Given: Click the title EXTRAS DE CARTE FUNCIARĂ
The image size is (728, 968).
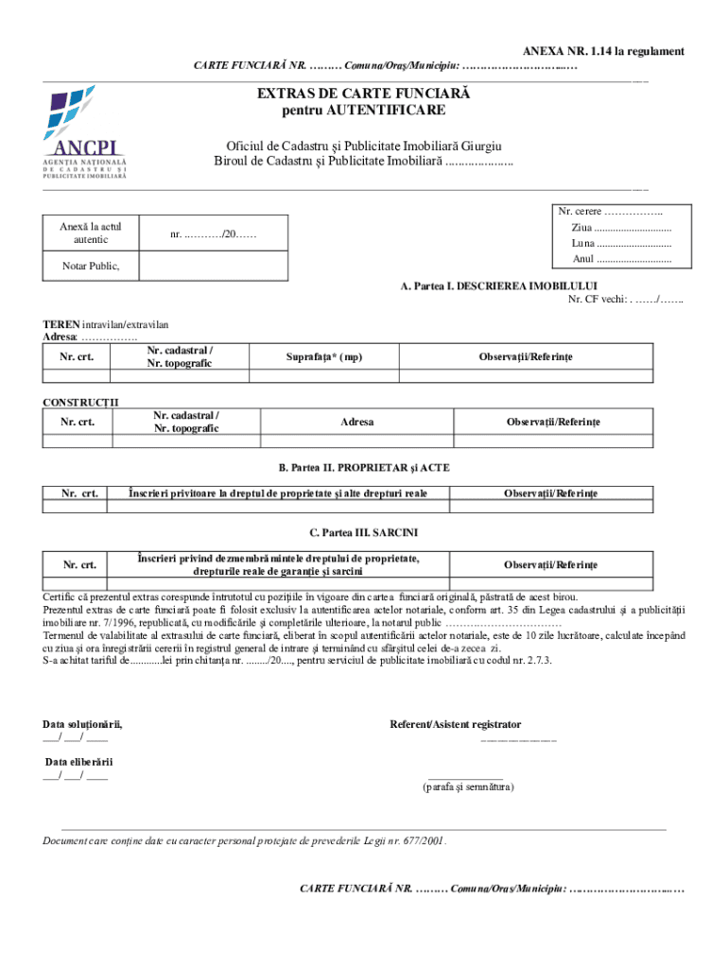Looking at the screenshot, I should (x=364, y=95).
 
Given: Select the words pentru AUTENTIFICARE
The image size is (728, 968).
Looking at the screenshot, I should (x=364, y=111).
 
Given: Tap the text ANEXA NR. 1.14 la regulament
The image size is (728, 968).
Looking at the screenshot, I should (x=604, y=51).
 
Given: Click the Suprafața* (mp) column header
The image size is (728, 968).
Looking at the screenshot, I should (x=324, y=356).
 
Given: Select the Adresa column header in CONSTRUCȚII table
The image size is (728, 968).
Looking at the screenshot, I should (x=356, y=422).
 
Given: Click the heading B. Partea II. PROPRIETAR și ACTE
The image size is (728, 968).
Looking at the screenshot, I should (x=363, y=468).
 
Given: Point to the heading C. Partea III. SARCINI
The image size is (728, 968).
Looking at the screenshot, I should (x=363, y=533).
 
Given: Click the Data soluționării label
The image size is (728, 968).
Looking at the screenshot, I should (x=82, y=724).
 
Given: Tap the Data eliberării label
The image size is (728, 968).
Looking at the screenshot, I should (x=79, y=761).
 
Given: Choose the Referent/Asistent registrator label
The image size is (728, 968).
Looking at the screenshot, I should (x=455, y=724).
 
